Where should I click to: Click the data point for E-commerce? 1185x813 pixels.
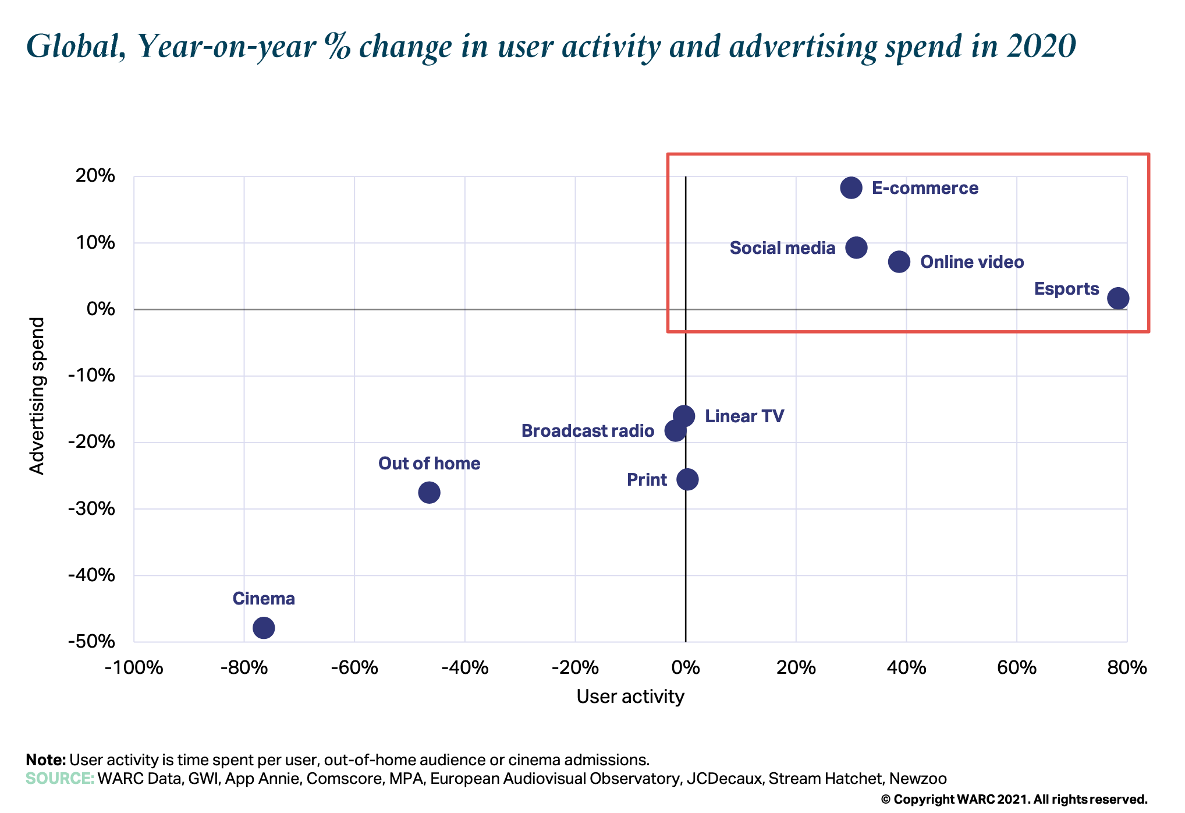pyautogui.click(x=851, y=188)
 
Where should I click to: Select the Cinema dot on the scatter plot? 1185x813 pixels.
pyautogui.click(x=264, y=628)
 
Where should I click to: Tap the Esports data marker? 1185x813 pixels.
pyautogui.click(x=1118, y=298)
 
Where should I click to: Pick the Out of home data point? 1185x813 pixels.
pyautogui.click(x=429, y=493)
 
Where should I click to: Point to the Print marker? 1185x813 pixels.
pyautogui.click(x=687, y=479)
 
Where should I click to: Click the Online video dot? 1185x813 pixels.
pyautogui.click(x=899, y=262)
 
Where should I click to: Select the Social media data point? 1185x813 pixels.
pyautogui.click(x=856, y=248)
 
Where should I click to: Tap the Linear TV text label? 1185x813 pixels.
pyautogui.click(x=744, y=416)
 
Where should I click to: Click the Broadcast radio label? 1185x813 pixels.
pyautogui.click(x=587, y=431)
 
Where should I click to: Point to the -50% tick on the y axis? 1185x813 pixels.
pyautogui.click(x=91, y=641)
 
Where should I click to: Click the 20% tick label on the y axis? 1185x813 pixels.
pyautogui.click(x=95, y=175)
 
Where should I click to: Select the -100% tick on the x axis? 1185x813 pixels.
pyautogui.click(x=134, y=667)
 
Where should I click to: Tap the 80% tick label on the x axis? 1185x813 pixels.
pyautogui.click(x=1127, y=667)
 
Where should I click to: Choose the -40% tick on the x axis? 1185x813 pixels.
pyautogui.click(x=464, y=667)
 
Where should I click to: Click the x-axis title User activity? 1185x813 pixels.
pyautogui.click(x=630, y=697)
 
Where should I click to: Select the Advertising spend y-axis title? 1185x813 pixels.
pyautogui.click(x=37, y=396)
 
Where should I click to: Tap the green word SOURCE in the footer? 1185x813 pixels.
pyautogui.click(x=60, y=779)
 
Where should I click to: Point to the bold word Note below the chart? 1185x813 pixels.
pyautogui.click(x=46, y=760)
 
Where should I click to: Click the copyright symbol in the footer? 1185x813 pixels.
pyautogui.click(x=885, y=800)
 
